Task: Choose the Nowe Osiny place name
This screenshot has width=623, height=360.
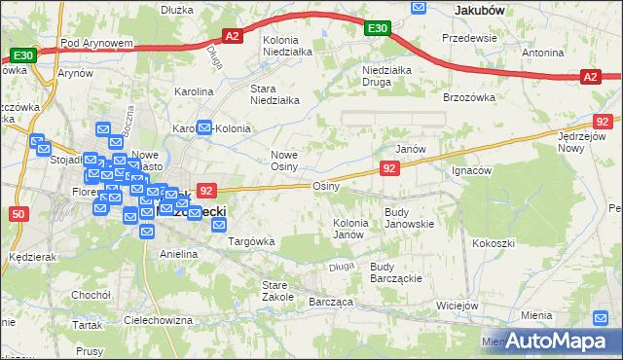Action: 290,161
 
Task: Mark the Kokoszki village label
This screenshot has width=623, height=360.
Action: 492,244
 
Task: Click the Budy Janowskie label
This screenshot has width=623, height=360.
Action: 409,217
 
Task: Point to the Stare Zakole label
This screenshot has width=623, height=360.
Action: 277,290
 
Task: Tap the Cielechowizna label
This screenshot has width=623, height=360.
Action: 158,319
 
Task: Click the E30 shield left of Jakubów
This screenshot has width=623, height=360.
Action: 379,29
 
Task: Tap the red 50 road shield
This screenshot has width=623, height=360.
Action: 18,213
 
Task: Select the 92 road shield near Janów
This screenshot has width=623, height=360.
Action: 389,169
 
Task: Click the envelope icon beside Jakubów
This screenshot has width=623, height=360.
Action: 419,8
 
